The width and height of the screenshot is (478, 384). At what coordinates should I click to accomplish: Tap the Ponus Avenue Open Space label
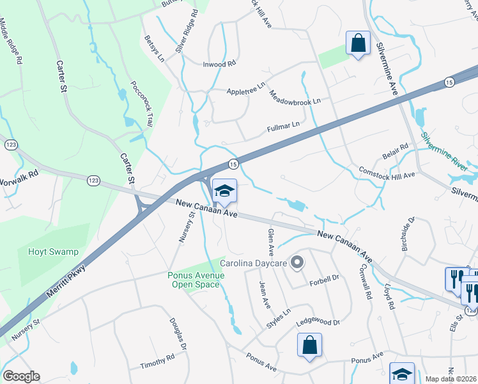[196, 280]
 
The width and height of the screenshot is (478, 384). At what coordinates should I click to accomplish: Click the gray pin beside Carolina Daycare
[297, 262]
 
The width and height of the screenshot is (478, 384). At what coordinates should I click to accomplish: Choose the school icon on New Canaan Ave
[224, 191]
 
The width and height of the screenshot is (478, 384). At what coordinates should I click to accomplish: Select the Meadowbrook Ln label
[294, 97]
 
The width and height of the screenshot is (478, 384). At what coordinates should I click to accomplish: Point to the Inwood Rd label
[219, 64]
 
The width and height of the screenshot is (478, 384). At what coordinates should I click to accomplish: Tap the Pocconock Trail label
[139, 104]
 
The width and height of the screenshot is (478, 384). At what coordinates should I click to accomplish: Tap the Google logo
[22, 376]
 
